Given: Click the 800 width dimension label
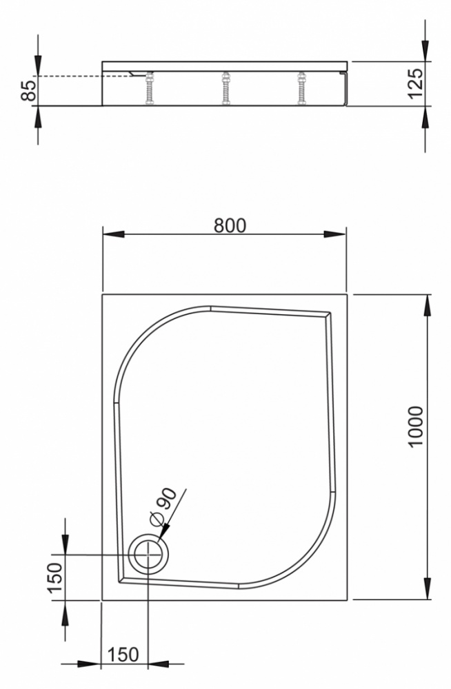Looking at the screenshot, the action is point(230,225).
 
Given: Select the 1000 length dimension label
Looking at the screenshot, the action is point(415,426).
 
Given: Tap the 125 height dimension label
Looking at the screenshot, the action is point(415,83).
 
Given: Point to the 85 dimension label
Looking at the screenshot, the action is point(28,90).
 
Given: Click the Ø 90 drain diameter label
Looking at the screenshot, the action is point(163,506).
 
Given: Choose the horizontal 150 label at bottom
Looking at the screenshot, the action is point(123,655).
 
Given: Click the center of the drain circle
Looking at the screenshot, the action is point(149,555).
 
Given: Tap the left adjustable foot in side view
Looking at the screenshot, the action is point(150,88).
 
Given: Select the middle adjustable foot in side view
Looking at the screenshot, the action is point(226,88).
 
